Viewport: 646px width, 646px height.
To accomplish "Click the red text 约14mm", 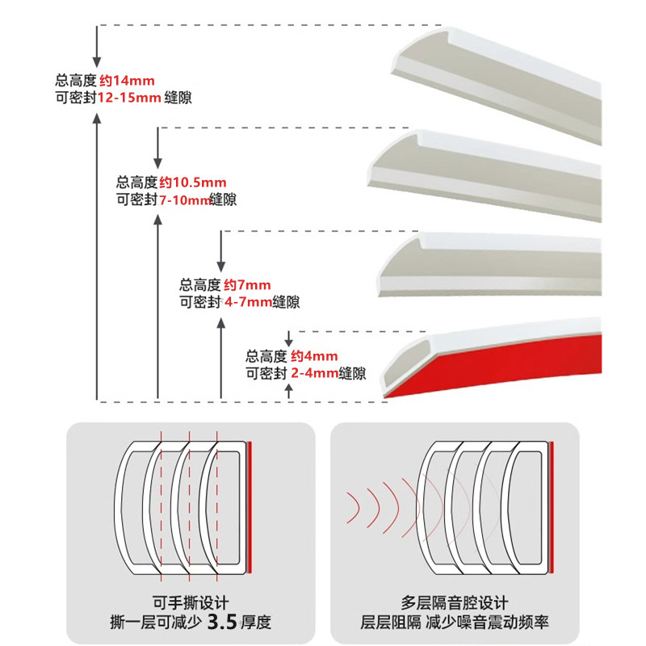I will click(x=126, y=81).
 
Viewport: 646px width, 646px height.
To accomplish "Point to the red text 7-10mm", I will click(x=183, y=199).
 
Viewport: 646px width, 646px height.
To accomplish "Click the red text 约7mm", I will click(x=247, y=285).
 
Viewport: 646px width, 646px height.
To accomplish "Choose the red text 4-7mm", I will click(x=248, y=302).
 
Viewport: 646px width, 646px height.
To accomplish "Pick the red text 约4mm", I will click(x=314, y=356).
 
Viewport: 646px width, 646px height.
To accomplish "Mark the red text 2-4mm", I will click(x=315, y=373).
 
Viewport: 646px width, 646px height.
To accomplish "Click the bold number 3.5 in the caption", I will click(x=222, y=622).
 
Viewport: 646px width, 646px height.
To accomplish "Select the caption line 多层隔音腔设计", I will click(x=455, y=602).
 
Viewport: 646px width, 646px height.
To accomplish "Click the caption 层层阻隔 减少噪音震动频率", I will click(x=455, y=623).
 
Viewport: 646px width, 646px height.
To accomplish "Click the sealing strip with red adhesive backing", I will click(x=501, y=363).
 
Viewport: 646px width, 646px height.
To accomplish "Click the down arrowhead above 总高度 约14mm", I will click(x=97, y=61).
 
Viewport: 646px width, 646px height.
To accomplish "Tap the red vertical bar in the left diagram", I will click(x=251, y=506).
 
